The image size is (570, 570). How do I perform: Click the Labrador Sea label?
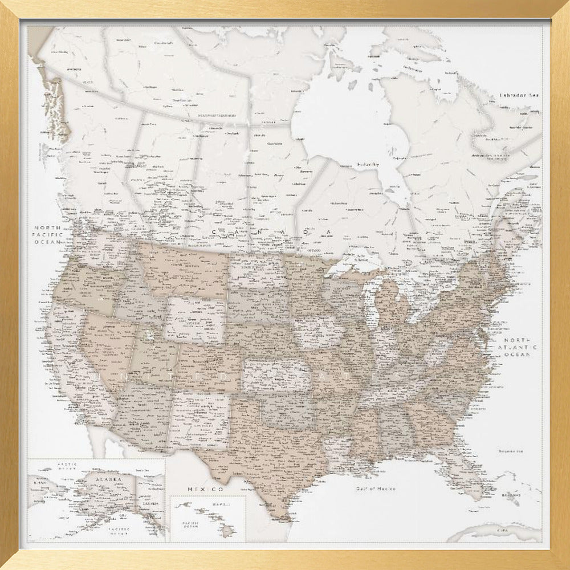click(519, 95)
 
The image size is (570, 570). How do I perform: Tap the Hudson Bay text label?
click(368, 164)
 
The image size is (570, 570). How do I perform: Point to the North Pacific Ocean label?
click(48, 234)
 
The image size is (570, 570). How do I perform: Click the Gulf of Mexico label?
click(375, 488)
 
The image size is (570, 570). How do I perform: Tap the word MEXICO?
click(205, 489)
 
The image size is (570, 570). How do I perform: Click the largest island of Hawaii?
click(229, 532)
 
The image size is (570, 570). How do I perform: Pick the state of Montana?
click(182, 268)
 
